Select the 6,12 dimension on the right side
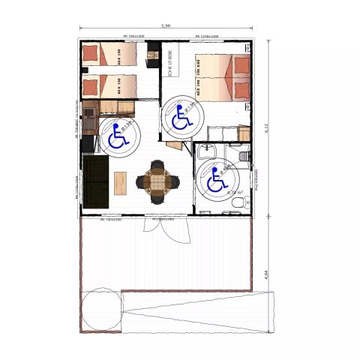pyautogui.click(x=266, y=127)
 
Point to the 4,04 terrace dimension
pyautogui.click(x=266, y=274)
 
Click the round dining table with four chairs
pyautogui.click(x=158, y=181)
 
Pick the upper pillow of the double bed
pyautogui.click(x=241, y=65)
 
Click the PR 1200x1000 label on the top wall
pyautogui.click(x=206, y=35)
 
